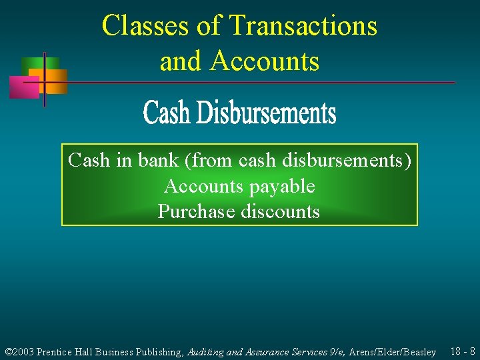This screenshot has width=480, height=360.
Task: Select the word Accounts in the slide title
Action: click(x=265, y=61)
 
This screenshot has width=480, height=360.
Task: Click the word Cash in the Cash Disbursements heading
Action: click(x=166, y=113)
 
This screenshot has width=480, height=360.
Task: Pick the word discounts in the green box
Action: click(x=280, y=212)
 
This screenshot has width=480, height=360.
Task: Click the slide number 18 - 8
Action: click(x=463, y=351)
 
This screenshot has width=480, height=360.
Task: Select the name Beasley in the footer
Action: click(x=419, y=352)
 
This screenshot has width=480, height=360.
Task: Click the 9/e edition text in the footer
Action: click(x=334, y=352)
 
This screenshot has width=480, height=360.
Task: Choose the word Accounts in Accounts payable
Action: click(x=203, y=186)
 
